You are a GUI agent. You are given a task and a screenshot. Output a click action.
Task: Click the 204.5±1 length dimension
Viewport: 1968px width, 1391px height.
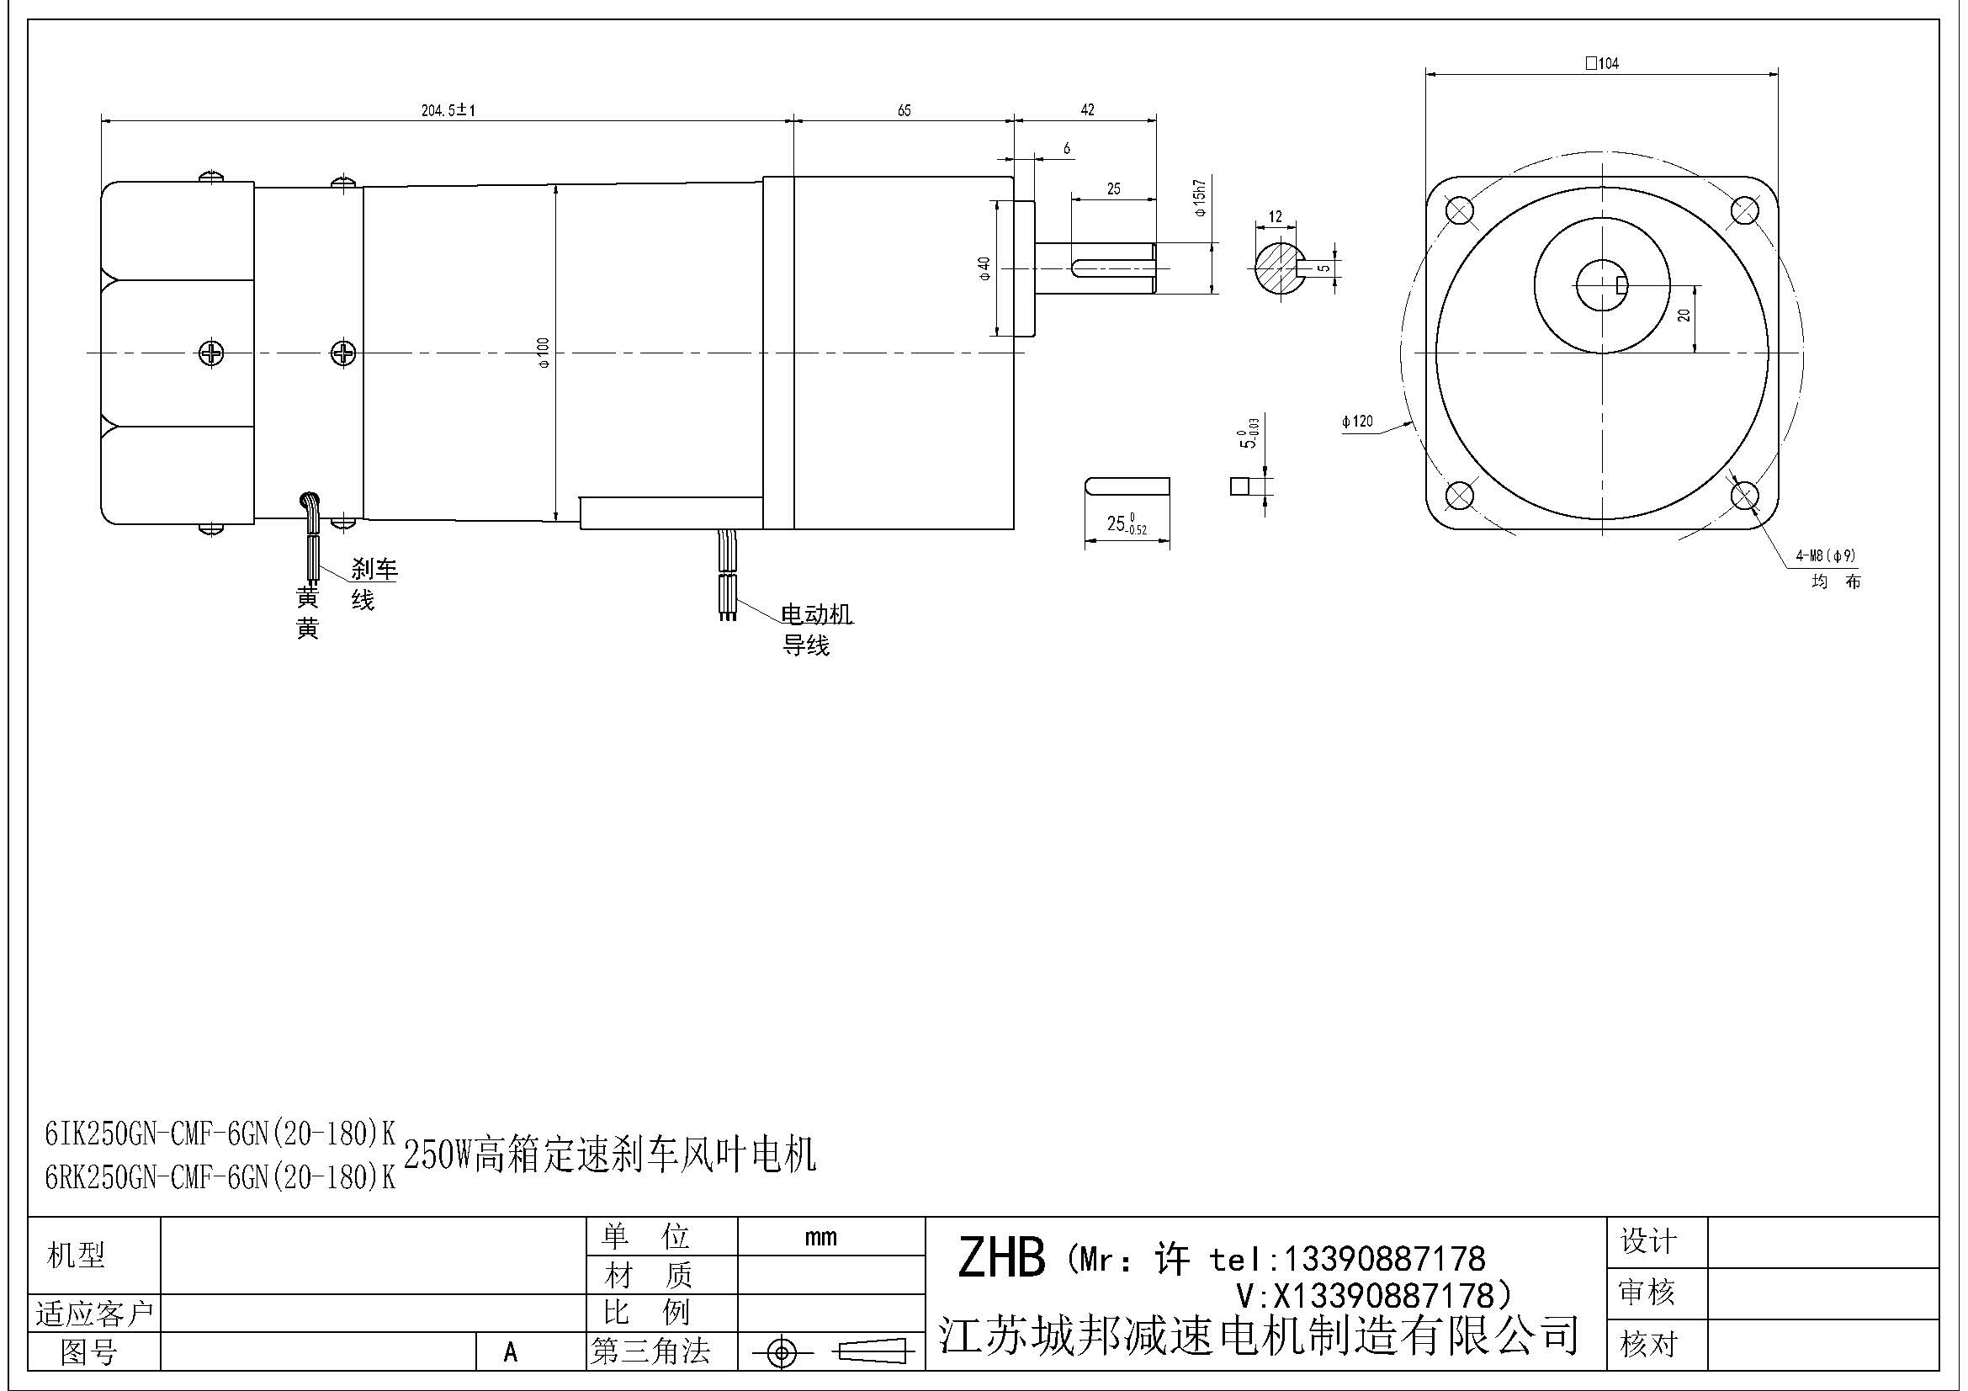pos(448,110)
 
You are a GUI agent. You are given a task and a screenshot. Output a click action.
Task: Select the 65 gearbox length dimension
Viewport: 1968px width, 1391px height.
pos(904,110)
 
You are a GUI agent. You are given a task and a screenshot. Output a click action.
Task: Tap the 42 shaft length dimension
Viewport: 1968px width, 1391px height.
pos(1087,109)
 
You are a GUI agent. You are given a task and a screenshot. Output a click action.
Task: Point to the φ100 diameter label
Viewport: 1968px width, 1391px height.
pos(543,353)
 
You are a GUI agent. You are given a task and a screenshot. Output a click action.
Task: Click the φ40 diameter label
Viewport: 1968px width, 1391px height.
pos(985,268)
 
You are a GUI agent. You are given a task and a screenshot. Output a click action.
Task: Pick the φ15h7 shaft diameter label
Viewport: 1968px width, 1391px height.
pos(1200,198)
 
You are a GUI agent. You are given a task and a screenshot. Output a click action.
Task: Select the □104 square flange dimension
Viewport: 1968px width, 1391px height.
pos(1601,63)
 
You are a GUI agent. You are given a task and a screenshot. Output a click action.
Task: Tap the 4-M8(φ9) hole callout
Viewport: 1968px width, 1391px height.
pos(1826,555)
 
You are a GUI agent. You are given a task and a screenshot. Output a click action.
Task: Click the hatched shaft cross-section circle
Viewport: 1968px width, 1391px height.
pos(1277,267)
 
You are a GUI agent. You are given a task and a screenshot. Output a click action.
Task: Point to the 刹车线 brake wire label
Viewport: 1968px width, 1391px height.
pos(373,583)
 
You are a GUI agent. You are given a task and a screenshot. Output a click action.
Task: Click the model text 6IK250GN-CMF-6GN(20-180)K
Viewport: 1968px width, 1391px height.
pos(220,1134)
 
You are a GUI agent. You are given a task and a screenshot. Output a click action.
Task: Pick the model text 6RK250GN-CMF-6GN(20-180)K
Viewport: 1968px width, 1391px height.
pos(220,1178)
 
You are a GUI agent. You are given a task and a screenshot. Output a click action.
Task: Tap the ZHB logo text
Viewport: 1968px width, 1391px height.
pos(1000,1259)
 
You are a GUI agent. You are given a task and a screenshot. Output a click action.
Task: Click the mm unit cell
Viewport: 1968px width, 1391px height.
pos(820,1237)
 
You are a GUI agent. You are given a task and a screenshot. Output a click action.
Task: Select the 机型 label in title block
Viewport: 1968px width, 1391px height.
pos(76,1256)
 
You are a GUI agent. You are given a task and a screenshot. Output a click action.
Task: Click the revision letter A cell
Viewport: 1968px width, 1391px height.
pos(511,1351)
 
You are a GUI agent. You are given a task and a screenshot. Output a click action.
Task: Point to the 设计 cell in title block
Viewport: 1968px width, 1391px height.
pos(1647,1241)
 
